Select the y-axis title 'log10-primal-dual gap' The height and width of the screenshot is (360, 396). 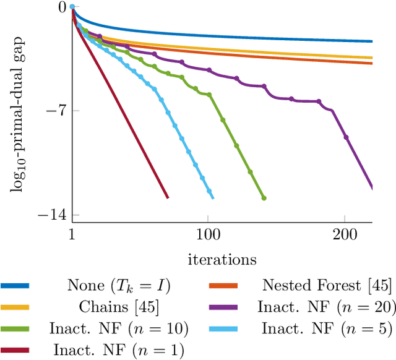[x=17, y=111]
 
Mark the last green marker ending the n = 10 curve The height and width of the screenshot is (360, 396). [x=264, y=198]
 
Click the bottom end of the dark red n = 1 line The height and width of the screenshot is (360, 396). [x=167, y=197]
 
